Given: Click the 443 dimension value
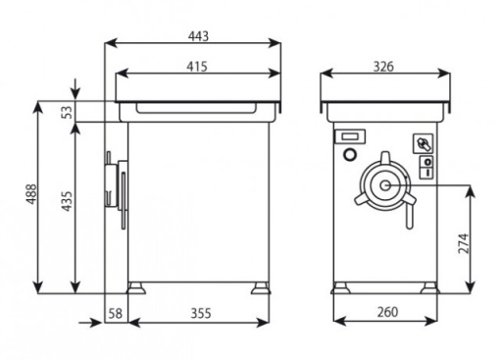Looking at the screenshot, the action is [198, 36].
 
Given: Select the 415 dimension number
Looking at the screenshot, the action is [197, 67].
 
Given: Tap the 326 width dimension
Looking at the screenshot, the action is [383, 67].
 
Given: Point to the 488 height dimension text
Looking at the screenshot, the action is [32, 194].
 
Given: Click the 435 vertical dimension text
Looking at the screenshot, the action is [67, 201].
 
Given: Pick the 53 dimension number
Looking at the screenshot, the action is [68, 112].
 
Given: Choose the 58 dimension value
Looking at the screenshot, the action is [115, 313].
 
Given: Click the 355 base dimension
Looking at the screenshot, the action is [201, 313].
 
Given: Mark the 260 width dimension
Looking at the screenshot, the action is [387, 312].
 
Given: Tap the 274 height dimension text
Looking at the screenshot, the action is [464, 243].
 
